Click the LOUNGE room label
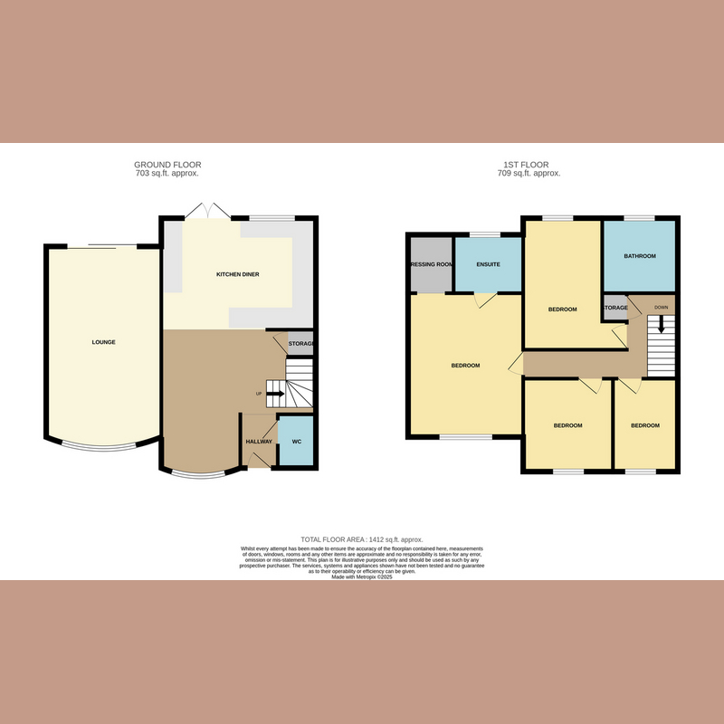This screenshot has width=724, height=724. pos(103,342)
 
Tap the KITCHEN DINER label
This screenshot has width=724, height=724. pos(238,273)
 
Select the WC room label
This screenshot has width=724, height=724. pos(296,442)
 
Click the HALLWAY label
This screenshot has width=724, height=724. pos(259,442)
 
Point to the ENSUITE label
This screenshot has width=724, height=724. pos(489,265)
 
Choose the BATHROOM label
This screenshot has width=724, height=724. pos(640,256)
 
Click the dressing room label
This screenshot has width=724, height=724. pos(432,265)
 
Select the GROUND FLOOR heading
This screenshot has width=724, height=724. pos(167,165)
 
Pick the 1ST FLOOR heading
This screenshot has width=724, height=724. pos(527,165)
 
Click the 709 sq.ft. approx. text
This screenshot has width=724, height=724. pos(527,173)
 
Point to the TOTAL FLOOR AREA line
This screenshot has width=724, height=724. pos(361,539)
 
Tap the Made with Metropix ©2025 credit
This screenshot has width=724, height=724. pos(361,576)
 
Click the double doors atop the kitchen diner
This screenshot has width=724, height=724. pos(207,212)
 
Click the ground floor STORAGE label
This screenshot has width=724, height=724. pos(300,344)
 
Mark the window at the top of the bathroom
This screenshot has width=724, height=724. pos(640,218)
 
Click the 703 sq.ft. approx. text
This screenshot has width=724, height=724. pos(167,173)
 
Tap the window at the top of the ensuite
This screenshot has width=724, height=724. pos(489,235)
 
